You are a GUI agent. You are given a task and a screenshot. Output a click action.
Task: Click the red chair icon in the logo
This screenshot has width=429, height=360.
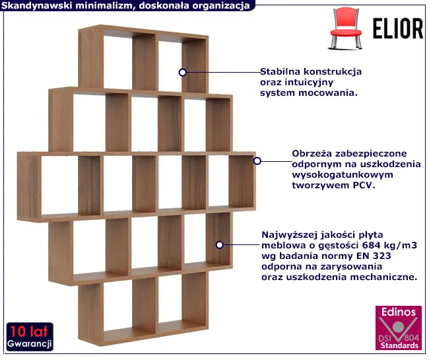[x=346, y=28]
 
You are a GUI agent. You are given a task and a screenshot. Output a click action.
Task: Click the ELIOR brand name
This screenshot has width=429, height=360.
[x=398, y=29]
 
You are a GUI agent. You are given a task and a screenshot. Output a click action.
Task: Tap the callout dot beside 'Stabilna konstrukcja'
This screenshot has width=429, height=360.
[x=182, y=73]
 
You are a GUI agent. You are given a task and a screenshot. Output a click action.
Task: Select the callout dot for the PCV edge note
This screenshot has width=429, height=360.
[x=257, y=161]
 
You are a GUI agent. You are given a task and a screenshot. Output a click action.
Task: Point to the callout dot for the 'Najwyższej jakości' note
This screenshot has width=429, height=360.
[x=219, y=245]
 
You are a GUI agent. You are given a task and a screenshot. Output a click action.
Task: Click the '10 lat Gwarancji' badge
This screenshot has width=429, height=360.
[x=30, y=337]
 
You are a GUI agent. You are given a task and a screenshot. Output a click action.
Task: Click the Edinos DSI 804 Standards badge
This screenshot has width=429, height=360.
[x=399, y=328]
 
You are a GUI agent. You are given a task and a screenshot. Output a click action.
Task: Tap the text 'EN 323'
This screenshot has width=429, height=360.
[x=374, y=256]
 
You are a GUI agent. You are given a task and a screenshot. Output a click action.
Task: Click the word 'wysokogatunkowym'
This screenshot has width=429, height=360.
[x=343, y=175]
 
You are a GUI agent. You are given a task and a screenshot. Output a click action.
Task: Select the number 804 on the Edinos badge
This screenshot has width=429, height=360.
[x=411, y=338]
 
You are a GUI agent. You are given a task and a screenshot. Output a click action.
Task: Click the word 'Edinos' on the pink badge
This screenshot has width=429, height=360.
[x=399, y=312]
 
